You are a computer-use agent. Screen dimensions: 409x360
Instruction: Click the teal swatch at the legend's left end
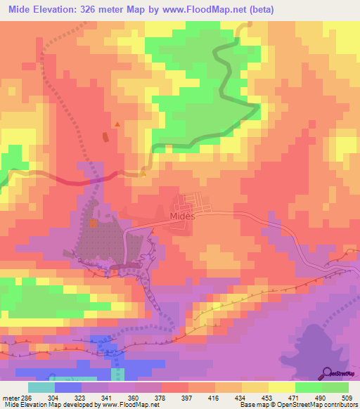tap(41, 387)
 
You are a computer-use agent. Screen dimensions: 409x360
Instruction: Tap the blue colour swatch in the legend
tap(68, 387)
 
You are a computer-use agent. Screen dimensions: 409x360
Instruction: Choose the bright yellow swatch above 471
tap(282, 387)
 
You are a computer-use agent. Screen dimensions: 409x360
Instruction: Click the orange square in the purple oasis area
tap(93, 223)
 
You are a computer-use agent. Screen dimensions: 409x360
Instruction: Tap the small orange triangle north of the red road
tap(117, 124)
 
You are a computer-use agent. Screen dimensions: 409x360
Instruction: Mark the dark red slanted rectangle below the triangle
tap(106, 137)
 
